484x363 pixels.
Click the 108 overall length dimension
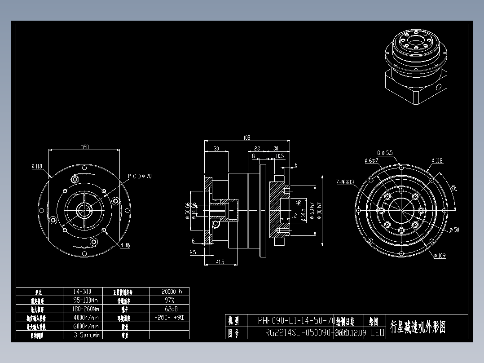click(246, 137)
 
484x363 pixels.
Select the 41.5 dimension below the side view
click(220, 261)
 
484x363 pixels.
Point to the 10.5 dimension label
click(280, 156)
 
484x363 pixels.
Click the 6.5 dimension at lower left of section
click(193, 252)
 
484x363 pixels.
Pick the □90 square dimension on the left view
click(84, 146)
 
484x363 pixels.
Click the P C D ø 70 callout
click(140, 176)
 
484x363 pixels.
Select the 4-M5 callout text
click(125, 245)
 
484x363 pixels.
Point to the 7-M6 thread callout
click(345, 182)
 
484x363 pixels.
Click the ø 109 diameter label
click(440, 256)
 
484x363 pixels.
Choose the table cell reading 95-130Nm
click(86, 300)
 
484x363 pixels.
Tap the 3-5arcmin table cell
click(86, 335)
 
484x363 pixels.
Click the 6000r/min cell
click(86, 326)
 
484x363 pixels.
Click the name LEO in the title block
click(377, 333)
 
